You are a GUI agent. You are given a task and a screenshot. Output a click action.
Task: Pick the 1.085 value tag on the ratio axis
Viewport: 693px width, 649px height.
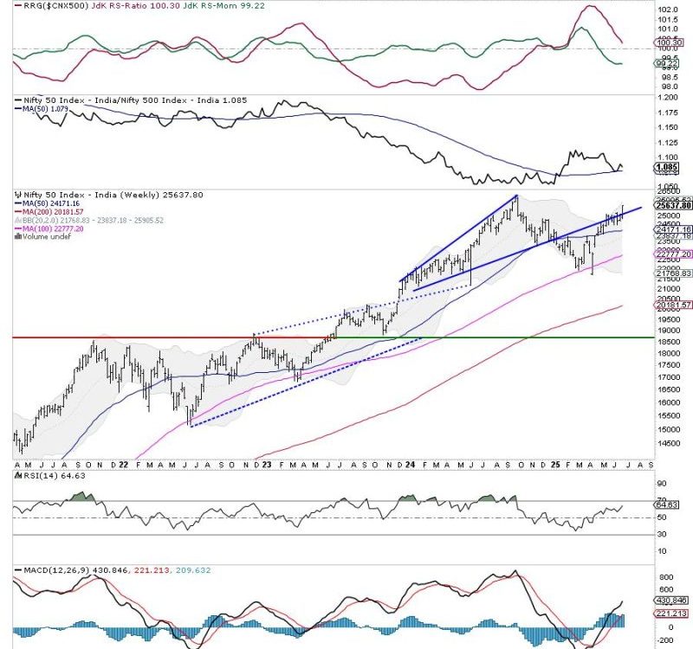(672, 165)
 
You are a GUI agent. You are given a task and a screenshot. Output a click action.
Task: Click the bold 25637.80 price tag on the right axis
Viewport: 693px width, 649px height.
(674, 206)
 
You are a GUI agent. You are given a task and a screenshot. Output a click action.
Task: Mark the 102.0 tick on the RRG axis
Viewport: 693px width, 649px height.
(668, 10)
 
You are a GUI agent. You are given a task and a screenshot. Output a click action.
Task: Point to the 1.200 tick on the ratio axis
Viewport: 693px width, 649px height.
(668, 100)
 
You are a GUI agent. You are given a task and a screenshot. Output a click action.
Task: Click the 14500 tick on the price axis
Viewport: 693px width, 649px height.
(669, 443)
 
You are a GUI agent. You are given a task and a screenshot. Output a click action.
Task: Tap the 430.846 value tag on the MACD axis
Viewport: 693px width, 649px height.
(673, 601)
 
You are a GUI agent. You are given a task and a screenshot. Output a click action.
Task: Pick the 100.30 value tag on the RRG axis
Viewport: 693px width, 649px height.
(672, 42)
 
